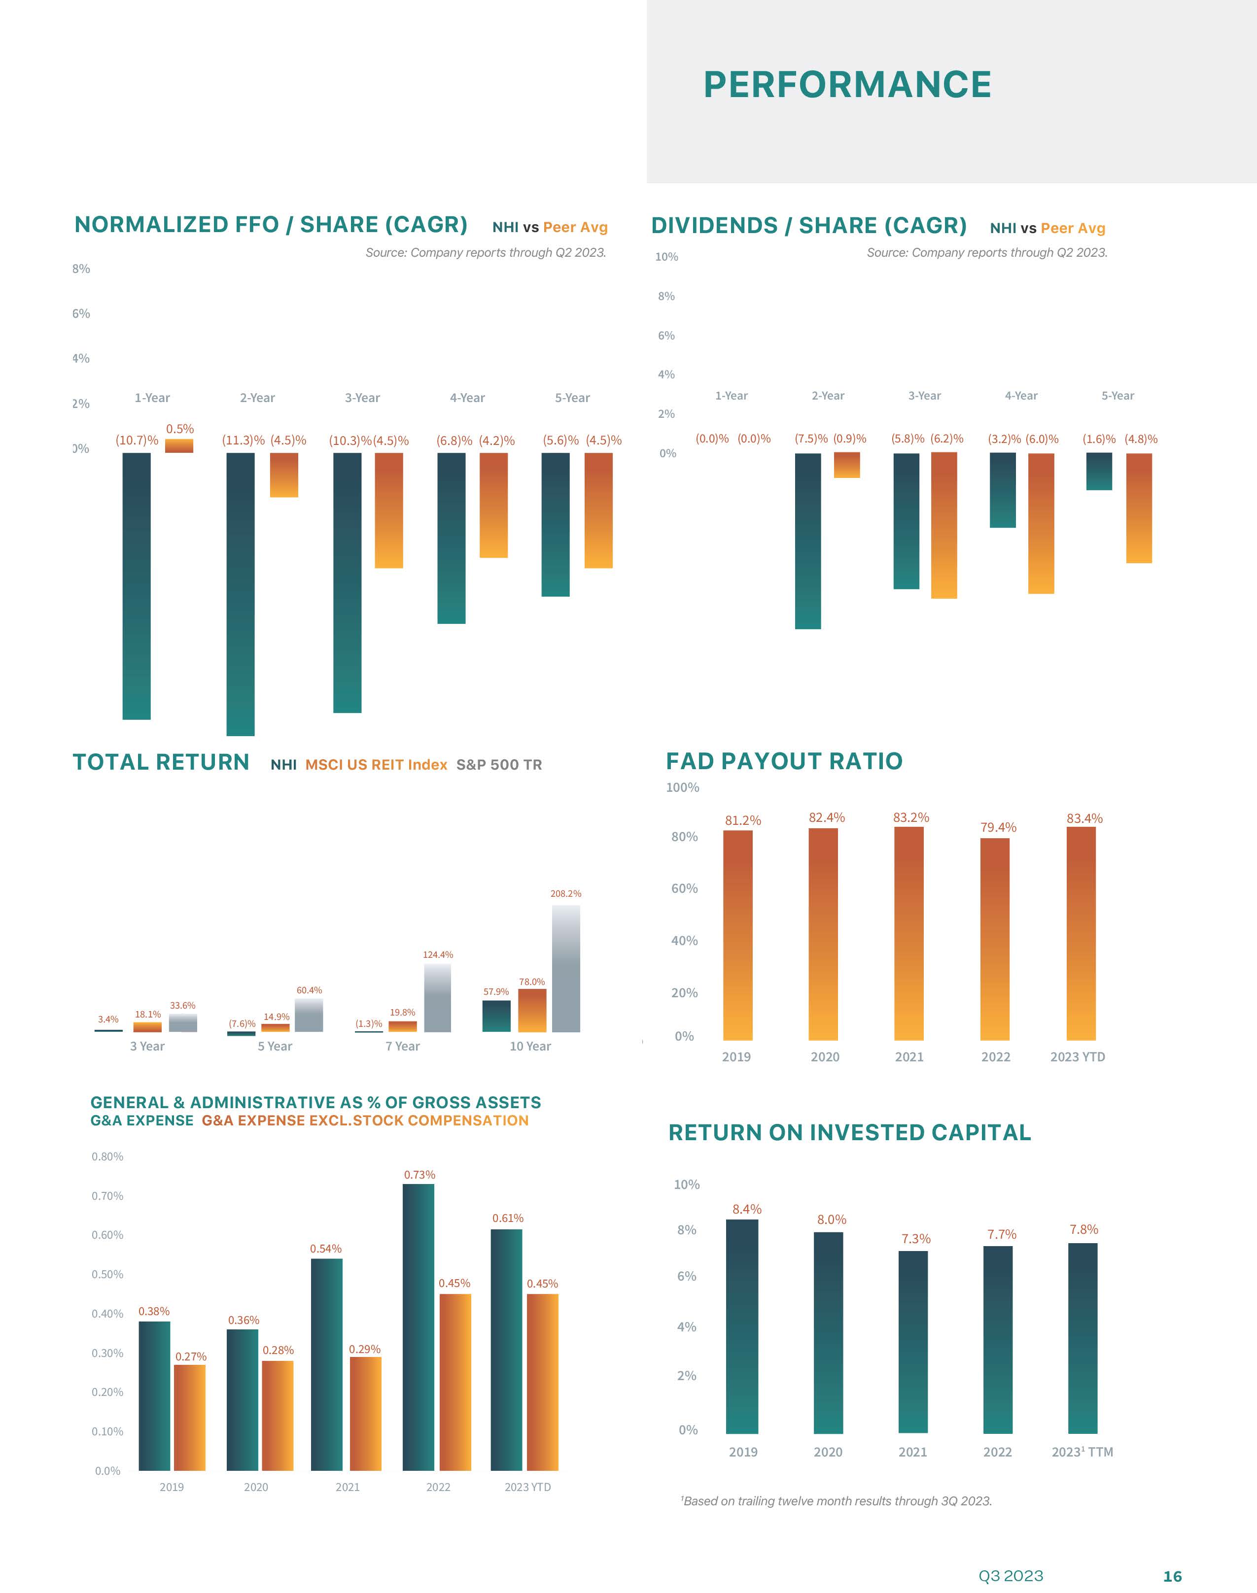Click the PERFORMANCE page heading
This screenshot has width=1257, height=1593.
coord(847,85)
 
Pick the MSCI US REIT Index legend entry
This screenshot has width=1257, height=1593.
coord(376,765)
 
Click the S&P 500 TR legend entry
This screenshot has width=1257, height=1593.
coord(499,765)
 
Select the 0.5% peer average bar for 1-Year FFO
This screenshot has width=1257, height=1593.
coord(179,446)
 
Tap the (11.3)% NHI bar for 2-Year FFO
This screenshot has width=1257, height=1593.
coord(241,594)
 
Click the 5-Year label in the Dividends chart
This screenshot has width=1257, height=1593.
coord(1117,396)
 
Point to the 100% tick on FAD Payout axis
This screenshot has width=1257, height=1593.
coord(682,788)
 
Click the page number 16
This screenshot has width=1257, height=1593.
coord(1172,1576)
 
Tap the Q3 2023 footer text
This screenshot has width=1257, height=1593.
coord(1011,1575)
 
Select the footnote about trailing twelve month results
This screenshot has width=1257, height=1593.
coord(837,1501)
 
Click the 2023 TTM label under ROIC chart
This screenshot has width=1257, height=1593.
coord(1082,1452)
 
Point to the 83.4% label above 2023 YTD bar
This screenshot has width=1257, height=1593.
coord(1084,818)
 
